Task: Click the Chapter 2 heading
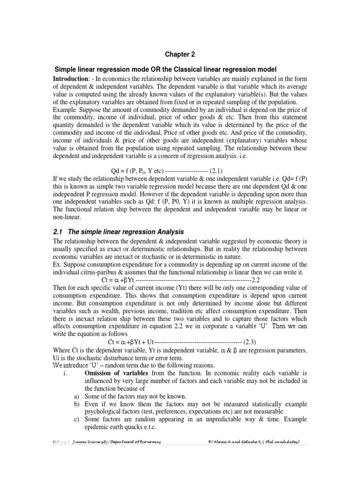180,54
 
